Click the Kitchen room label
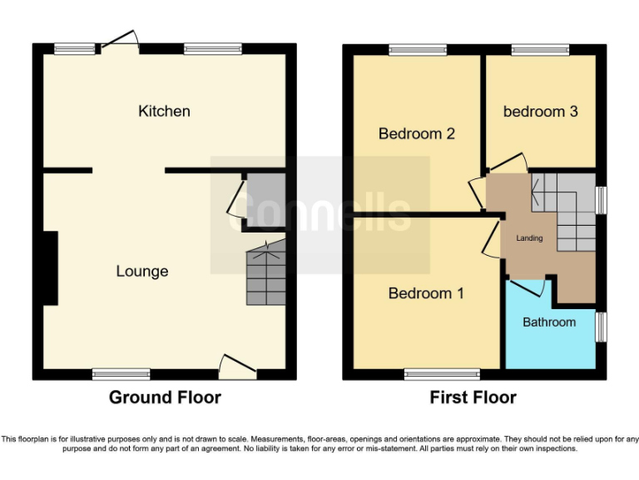(164, 111)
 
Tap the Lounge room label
(141, 271)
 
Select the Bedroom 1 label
(426, 293)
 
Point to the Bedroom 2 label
(416, 133)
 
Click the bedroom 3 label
(540, 111)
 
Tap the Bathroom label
(548, 322)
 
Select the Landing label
(529, 238)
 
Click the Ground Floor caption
(165, 397)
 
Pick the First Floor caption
(473, 397)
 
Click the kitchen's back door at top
(120, 40)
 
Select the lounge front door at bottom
(238, 367)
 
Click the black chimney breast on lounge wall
(51, 268)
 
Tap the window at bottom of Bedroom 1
(442, 374)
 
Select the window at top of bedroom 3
(540, 49)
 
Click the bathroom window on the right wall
(602, 327)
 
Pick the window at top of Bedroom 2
(417, 49)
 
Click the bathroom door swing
(530, 288)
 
